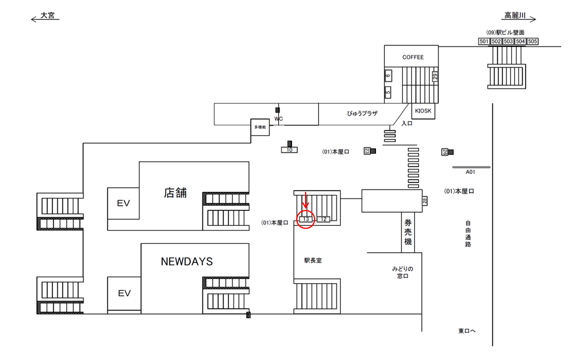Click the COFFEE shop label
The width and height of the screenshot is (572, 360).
[413, 57]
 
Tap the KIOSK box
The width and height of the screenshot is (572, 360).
[424, 111]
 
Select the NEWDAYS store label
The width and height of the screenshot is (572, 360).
[186, 261]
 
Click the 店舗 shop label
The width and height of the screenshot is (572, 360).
[175, 193]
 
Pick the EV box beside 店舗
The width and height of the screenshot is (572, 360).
[123, 203]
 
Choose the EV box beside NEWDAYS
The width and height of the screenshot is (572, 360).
[123, 293]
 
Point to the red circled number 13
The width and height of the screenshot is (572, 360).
[306, 219]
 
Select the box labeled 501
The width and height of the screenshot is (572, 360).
[484, 41]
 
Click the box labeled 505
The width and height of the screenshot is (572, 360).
[533, 41]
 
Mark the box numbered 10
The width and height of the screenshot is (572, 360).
[290, 150]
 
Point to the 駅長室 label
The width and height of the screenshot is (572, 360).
[313, 260]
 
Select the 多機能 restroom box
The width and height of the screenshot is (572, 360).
[260, 128]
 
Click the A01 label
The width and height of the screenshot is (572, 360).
[471, 172]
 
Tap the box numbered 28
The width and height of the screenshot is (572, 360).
[425, 201]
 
